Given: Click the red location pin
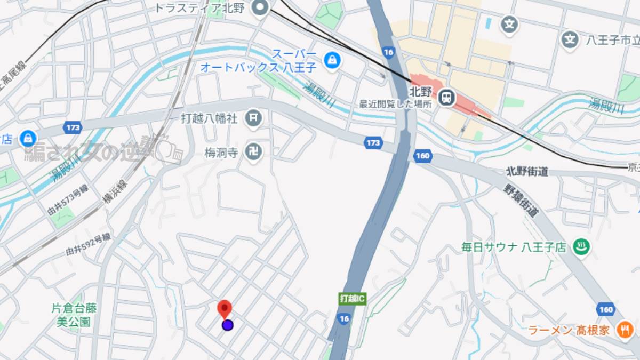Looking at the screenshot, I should pos(225,309).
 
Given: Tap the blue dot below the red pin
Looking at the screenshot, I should pos(228,325).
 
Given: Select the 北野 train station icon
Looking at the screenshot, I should pos(446,97).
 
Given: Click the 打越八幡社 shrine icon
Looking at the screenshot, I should pos(254,118).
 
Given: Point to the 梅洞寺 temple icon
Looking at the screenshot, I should pos(254,153).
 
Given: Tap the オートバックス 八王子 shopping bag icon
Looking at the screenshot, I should pos(332,60).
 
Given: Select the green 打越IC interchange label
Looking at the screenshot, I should pos(353,299).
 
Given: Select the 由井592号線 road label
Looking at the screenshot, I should pos(88,244).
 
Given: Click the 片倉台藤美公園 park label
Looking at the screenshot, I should pos(74,315).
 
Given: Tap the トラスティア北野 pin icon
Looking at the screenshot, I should pos(260,8).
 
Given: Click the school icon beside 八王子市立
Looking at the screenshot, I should pos(570,39).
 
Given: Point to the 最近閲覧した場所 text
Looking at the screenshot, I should pos(395,105).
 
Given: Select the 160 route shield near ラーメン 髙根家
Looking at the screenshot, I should pos(606,309).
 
